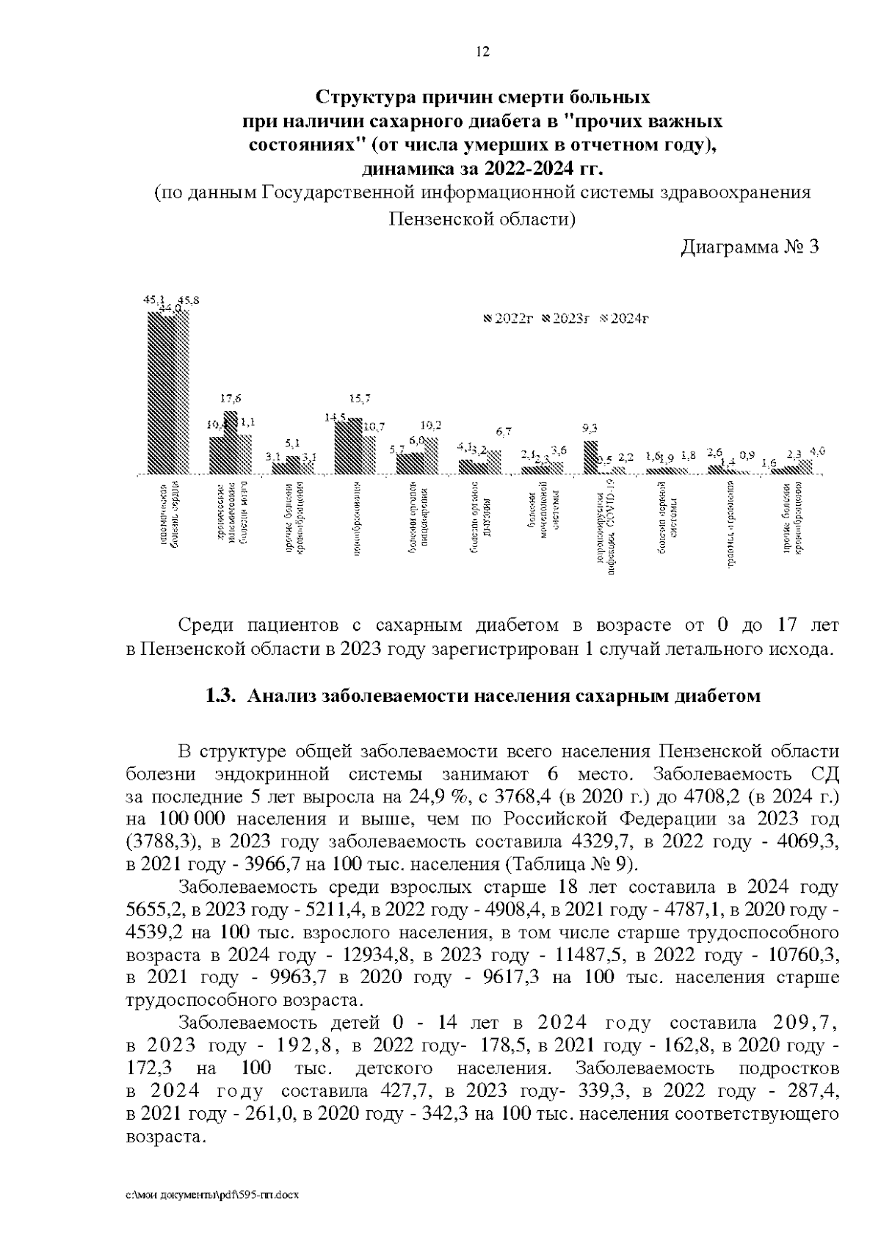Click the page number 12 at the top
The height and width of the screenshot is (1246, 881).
coord(482,51)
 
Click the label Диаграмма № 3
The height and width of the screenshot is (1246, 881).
coord(749,247)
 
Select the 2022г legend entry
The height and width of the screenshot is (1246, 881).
coord(509,319)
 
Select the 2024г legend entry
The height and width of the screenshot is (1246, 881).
coord(625,319)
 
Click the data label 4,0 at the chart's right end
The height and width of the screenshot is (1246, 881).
coord(817,452)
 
